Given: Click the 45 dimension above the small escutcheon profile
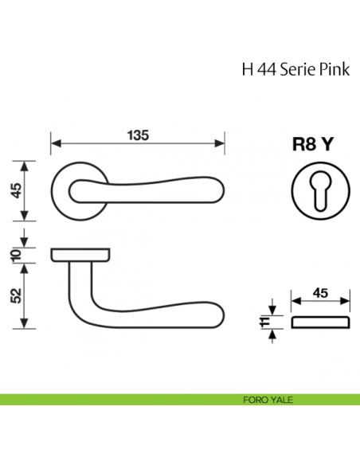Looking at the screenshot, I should point(322,293).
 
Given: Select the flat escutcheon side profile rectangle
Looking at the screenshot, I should point(322,322).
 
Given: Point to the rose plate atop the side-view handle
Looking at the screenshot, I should point(81,254).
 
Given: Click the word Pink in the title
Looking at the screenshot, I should point(329,69).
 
